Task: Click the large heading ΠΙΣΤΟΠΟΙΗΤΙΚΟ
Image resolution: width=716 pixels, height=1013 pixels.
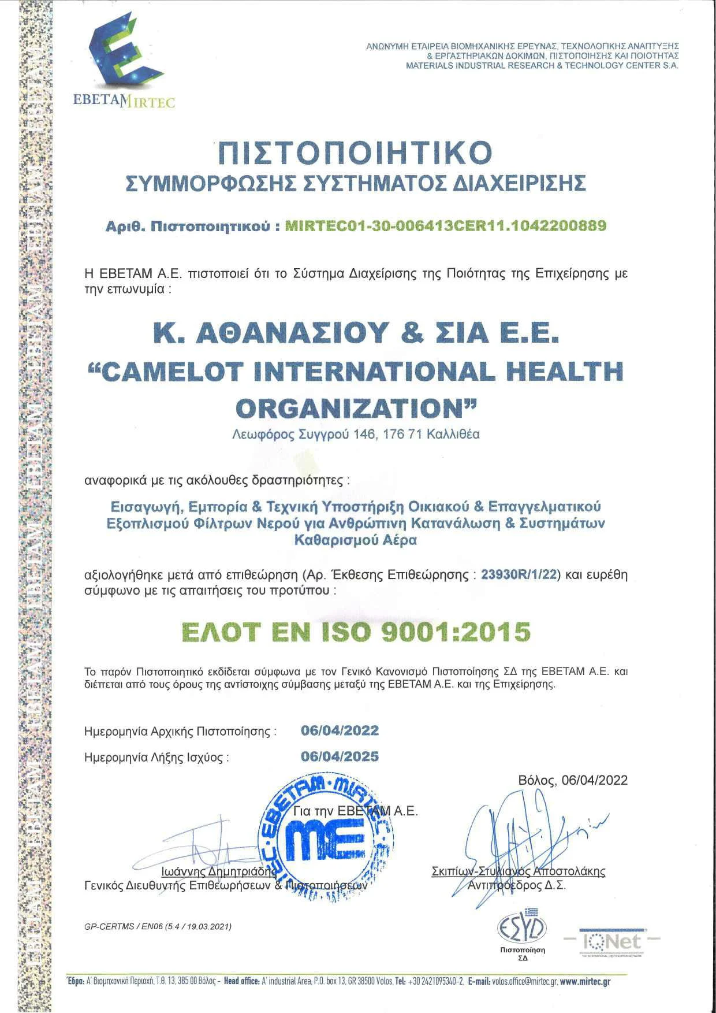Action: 355,152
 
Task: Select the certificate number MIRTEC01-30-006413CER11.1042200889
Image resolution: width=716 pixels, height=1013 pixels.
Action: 446,226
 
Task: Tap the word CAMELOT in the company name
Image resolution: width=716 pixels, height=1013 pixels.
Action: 171,371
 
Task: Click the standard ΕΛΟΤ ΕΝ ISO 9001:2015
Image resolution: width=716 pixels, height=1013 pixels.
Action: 356,632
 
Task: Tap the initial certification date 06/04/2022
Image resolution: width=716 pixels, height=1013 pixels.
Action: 340,730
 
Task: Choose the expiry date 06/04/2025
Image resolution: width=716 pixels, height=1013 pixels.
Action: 340,756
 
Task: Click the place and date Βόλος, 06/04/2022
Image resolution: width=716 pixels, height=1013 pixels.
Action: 572,780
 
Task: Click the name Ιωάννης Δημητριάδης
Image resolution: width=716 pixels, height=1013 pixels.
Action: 219,871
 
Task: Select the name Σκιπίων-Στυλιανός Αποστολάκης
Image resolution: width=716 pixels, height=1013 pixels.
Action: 518,871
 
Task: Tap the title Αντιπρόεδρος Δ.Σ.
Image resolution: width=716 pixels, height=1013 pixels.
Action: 516,885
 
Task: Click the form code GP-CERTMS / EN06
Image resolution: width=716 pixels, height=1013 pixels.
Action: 158,926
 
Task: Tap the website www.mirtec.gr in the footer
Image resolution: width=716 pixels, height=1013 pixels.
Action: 585,981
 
